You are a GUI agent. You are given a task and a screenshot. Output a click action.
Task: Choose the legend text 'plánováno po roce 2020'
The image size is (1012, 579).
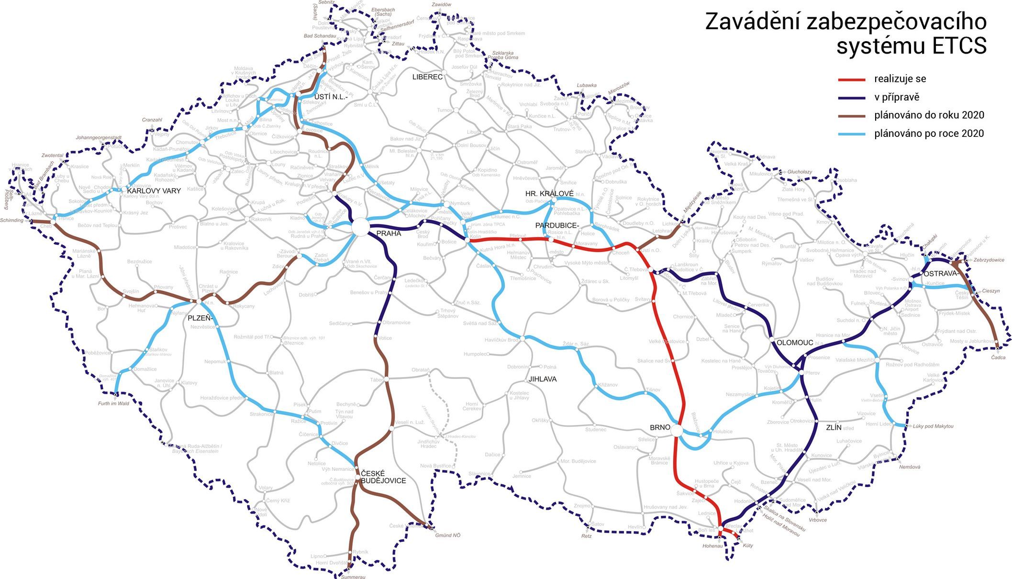click(x=929, y=134)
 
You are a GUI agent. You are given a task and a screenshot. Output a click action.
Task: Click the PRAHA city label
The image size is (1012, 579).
click(x=389, y=234)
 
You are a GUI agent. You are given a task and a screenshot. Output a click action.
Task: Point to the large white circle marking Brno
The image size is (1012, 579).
click(x=677, y=431)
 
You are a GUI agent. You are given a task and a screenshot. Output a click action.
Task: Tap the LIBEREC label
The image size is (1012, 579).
click(x=427, y=77)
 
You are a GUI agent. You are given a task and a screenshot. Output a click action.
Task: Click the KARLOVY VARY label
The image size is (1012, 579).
click(x=154, y=191)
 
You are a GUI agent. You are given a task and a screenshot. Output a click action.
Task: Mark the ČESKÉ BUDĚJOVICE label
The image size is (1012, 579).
click(x=383, y=477)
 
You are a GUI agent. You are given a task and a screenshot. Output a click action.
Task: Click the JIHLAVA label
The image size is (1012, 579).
click(x=543, y=379)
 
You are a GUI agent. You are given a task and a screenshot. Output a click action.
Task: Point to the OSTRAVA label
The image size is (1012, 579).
click(x=941, y=274)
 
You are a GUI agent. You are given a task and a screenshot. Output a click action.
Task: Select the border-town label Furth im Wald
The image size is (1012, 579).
click(x=113, y=403)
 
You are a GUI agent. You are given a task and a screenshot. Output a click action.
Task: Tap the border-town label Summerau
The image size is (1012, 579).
click(x=353, y=577)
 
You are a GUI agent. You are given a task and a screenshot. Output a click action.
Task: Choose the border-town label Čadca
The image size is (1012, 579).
click(x=998, y=357)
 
